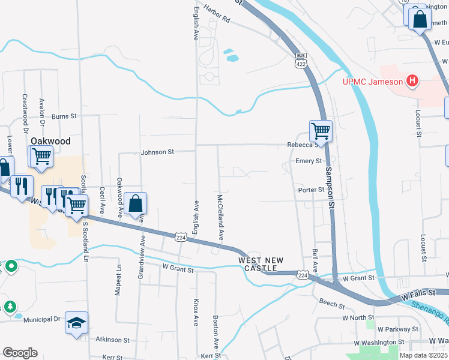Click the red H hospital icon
(x=412, y=80)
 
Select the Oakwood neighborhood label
(x=50, y=141)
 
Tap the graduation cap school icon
(x=77, y=322)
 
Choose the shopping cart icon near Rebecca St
(x=321, y=130)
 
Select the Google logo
(x=20, y=353)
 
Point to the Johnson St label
(x=157, y=152)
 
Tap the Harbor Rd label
(x=217, y=19)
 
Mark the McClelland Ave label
(x=221, y=222)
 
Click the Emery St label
(x=309, y=161)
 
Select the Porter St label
(x=311, y=190)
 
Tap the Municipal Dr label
(x=41, y=319)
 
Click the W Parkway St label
(x=397, y=329)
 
